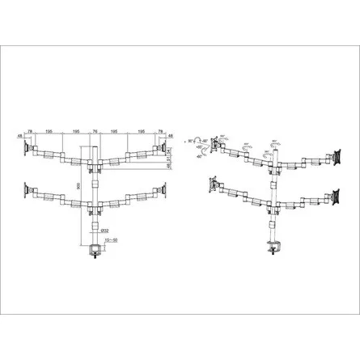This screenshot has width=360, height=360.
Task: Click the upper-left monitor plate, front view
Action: point(30,149)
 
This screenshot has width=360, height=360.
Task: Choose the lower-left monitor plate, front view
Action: point(30,191)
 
